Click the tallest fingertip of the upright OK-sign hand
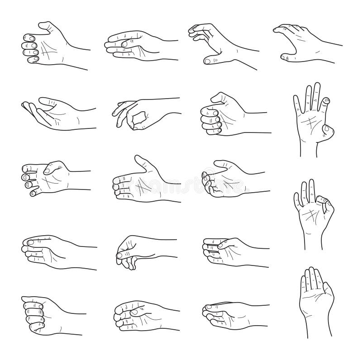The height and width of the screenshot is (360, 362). (x=310, y=183)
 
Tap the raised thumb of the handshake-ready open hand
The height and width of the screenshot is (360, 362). (x=140, y=161)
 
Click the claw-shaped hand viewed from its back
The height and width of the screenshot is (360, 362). (x=303, y=43)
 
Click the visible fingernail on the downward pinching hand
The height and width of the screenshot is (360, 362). (x=119, y=256)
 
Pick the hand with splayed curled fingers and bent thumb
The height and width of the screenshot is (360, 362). (x=45, y=176)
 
